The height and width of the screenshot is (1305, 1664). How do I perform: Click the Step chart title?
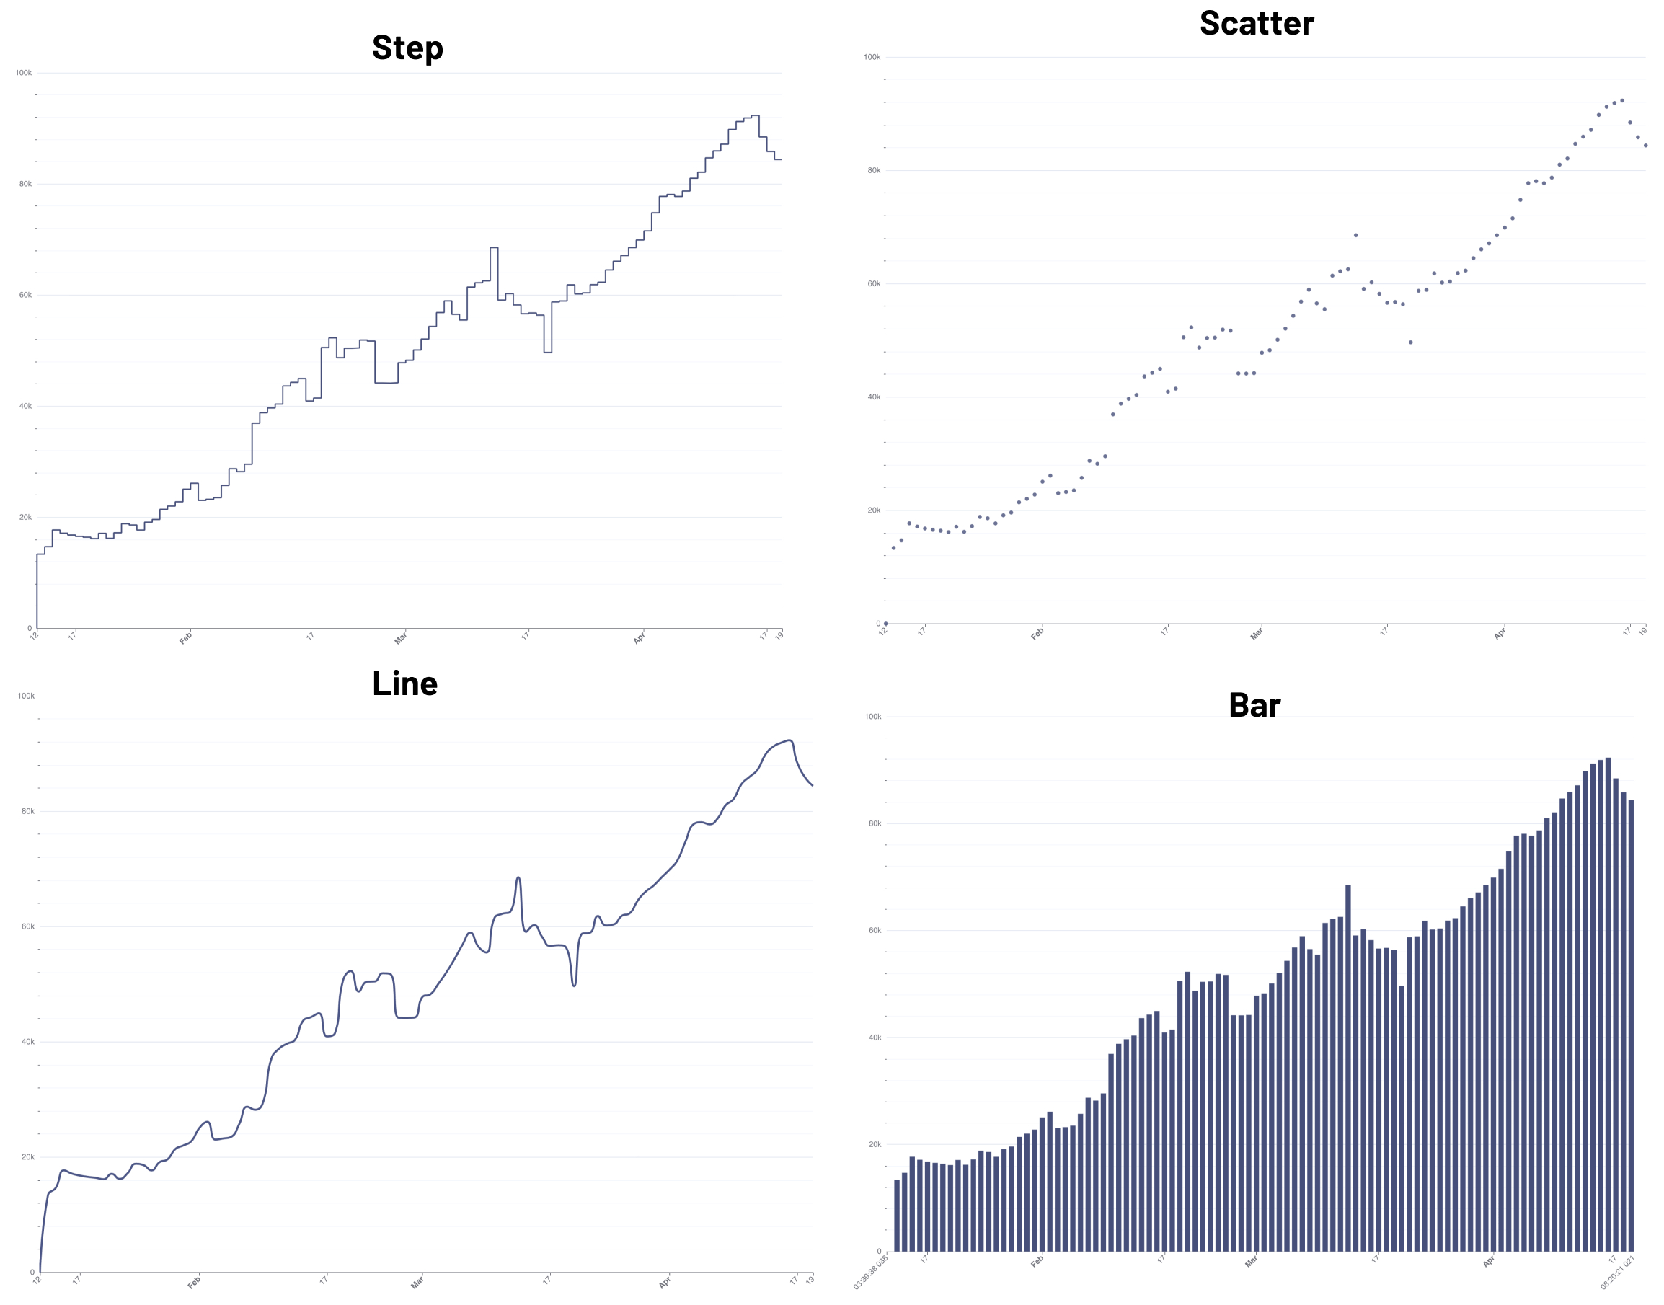tap(407, 48)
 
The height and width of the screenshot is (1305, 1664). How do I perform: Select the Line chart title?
tap(404, 684)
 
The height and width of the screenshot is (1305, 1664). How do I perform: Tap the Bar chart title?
tap(1254, 705)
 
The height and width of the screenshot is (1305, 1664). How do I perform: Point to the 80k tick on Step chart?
tap(25, 184)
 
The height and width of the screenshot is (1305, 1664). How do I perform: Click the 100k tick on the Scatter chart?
tap(871, 57)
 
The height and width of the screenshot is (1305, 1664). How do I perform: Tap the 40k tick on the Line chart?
tap(27, 1042)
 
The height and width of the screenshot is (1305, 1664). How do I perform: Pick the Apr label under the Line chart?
tap(665, 1282)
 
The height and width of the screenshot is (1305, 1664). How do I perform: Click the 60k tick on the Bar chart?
tap(874, 931)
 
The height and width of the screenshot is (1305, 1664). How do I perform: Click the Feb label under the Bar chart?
tap(1037, 1262)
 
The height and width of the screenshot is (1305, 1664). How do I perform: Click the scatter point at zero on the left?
tap(885, 624)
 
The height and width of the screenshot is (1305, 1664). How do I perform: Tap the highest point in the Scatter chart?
tap(1622, 100)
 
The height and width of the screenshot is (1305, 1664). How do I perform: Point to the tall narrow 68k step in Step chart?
tap(494, 249)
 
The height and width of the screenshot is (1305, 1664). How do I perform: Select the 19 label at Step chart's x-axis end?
tap(779, 636)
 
